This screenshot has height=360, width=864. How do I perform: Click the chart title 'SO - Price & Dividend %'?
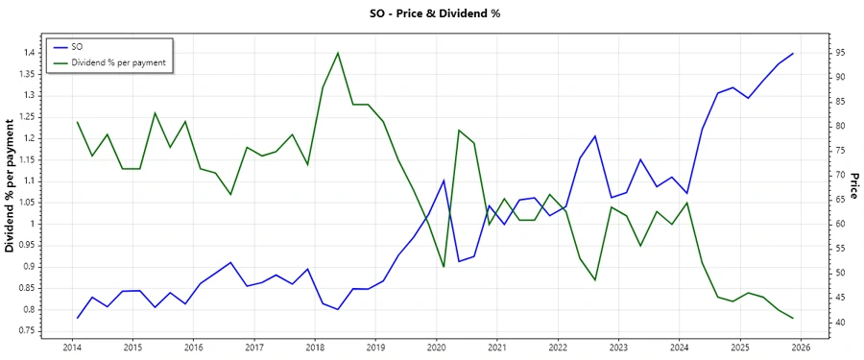[x=435, y=13]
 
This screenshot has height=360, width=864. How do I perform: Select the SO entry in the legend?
[x=78, y=46]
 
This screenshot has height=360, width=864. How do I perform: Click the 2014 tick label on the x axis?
[x=72, y=347]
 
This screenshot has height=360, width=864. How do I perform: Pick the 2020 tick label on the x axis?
[x=436, y=347]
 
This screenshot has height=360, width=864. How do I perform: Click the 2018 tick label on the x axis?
[x=315, y=347]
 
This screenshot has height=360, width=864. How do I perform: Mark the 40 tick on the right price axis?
[x=838, y=323]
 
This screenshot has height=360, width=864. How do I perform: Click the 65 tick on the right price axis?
[x=838, y=200]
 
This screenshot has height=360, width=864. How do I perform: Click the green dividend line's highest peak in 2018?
[x=338, y=53]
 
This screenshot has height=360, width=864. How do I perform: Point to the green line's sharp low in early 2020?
[x=444, y=267]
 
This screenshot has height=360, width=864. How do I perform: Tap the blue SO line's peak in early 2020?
[x=444, y=180]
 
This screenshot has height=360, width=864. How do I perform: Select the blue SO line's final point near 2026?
[x=793, y=54]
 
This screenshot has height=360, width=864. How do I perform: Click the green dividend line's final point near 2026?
[x=793, y=318]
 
